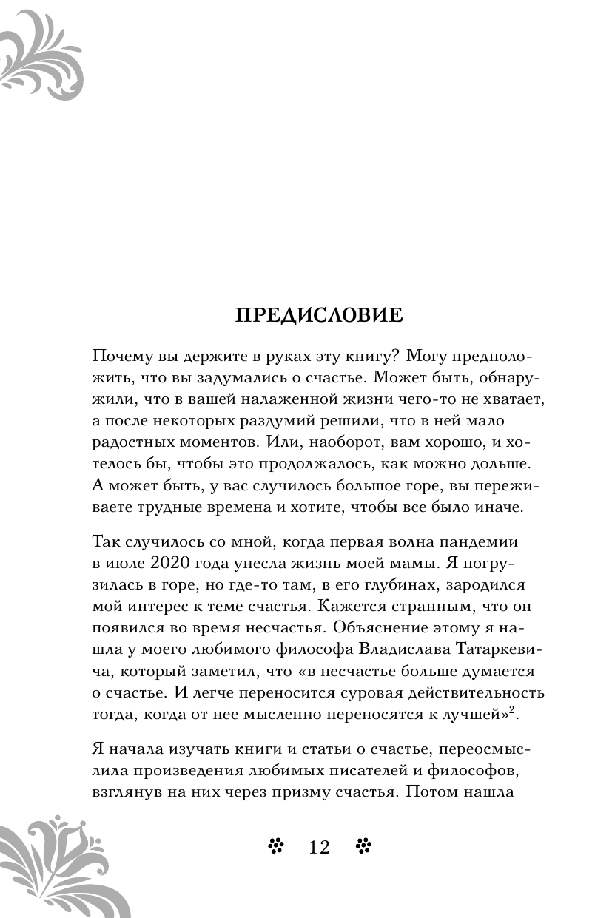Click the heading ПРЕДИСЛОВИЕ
pos(319,316)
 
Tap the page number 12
pos(319,847)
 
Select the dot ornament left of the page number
pos(276,846)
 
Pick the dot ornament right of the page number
pos(363,846)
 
